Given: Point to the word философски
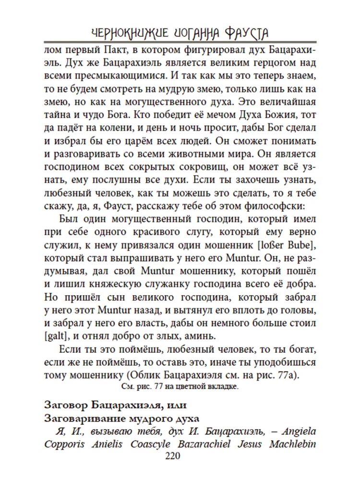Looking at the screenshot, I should pos(275,205).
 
